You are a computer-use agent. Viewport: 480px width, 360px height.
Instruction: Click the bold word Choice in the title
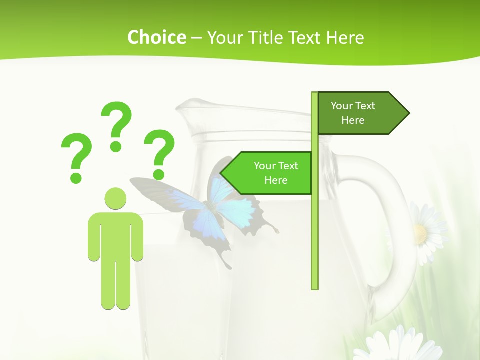point(156,37)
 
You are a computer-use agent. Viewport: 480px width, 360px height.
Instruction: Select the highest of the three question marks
point(116,125)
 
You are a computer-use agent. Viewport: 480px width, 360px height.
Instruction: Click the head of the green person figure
point(115,198)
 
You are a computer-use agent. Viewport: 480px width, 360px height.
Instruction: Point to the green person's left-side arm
point(93,237)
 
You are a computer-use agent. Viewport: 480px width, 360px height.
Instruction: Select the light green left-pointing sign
point(270,173)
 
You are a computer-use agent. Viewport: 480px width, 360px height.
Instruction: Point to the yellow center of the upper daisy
point(420,233)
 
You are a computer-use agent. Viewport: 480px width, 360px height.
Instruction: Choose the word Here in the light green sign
point(276,180)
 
